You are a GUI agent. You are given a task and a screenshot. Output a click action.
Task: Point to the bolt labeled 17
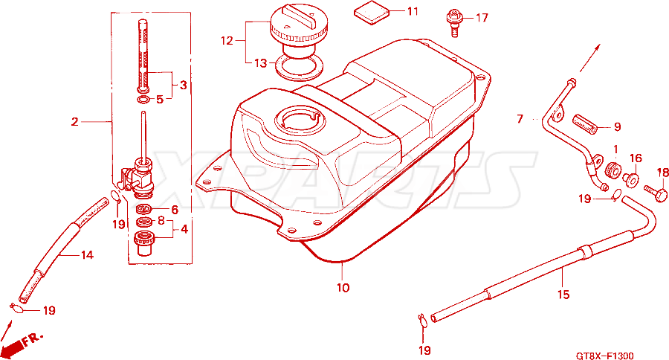[x=453, y=24]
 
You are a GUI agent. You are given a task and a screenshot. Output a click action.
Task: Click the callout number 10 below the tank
[x=343, y=288]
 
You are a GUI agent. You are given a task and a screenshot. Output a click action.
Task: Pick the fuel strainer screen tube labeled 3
[x=143, y=56]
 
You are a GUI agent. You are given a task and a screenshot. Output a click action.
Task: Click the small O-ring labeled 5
[x=143, y=100]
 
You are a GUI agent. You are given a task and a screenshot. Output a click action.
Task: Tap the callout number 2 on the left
[x=75, y=122]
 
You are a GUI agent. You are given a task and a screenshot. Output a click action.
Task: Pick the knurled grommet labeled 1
[x=613, y=169]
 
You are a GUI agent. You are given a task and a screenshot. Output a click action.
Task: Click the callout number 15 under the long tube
[x=563, y=295]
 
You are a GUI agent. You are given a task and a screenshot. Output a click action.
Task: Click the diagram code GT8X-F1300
[x=604, y=356]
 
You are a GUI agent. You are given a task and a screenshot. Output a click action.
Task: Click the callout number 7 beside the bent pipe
[x=520, y=119]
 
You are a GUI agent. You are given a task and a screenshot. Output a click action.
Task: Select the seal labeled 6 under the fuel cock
[x=144, y=210]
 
